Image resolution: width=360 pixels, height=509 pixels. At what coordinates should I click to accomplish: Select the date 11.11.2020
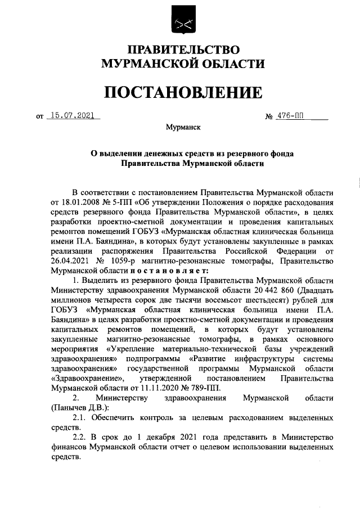152,389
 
